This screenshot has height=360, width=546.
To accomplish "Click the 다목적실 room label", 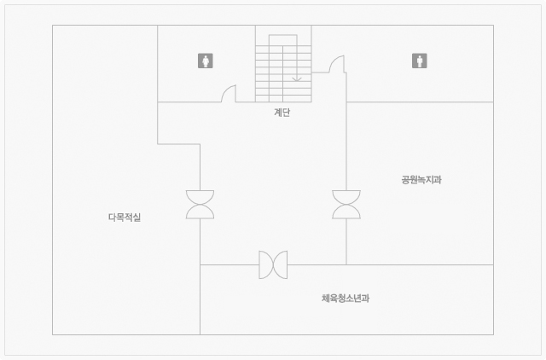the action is tap(125, 218).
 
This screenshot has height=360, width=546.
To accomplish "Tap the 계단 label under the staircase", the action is tap(282, 112).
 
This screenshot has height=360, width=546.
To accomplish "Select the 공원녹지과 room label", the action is tap(421, 180).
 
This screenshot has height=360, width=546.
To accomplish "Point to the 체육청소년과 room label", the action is tap(346, 299).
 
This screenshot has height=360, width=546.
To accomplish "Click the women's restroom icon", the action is tap(206, 61).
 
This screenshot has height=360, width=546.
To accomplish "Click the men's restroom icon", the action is tap(420, 61).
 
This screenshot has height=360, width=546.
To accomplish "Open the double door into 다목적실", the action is tap(200, 205).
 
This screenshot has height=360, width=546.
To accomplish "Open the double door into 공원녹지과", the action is tap(346, 205).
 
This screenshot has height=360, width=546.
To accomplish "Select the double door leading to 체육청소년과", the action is tap(273, 264).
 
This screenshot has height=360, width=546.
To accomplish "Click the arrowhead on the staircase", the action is tap(297, 79).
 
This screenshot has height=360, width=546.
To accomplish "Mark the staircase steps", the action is tap(283, 74).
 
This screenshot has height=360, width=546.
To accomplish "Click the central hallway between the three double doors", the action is tap(273, 195).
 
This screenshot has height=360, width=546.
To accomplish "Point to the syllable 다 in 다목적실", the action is tap(112, 218).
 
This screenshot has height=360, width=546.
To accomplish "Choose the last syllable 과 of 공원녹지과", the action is tap(438, 180).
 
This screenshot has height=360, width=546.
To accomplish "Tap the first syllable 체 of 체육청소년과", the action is tap(326, 299).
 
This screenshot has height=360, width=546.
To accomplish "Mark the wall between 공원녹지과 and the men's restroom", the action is tap(420, 102).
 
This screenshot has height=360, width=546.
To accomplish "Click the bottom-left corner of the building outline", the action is tap(53, 334).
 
